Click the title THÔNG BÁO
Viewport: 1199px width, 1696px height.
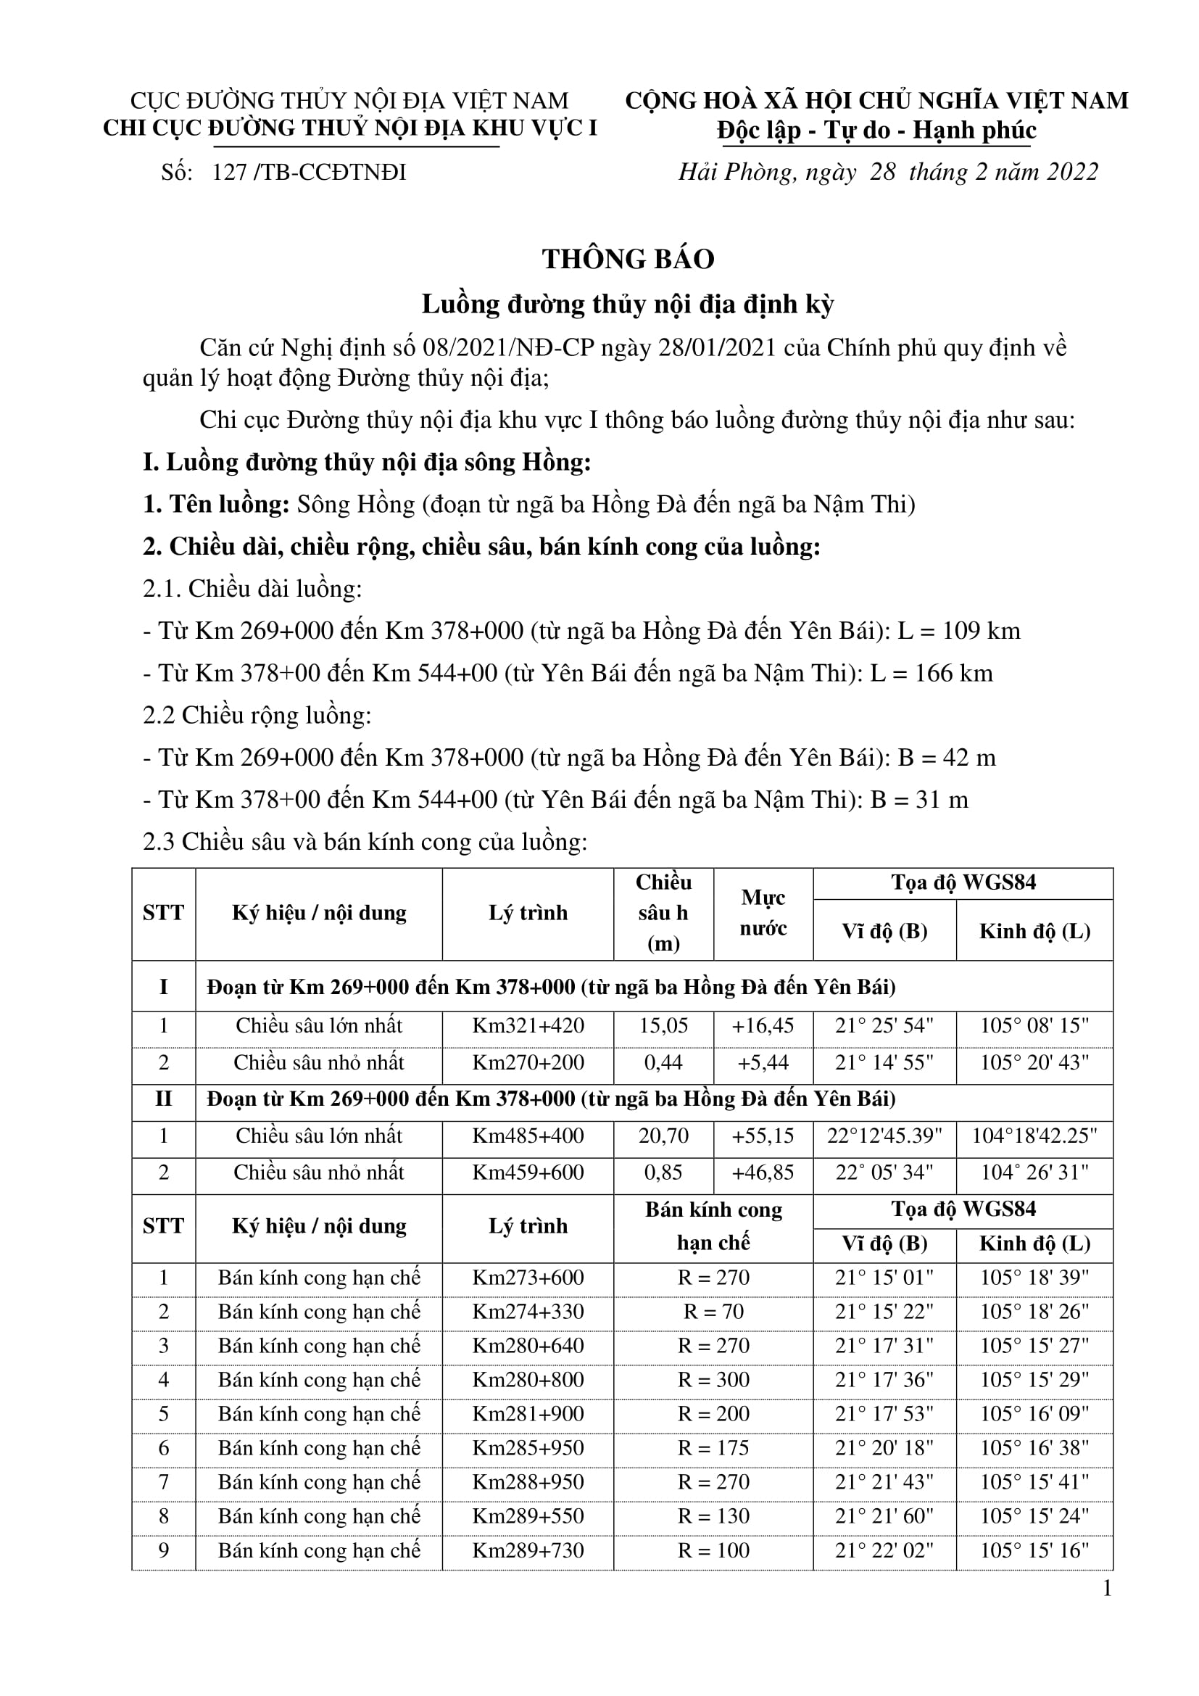point(628,260)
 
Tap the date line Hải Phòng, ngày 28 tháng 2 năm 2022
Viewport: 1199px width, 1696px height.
point(888,172)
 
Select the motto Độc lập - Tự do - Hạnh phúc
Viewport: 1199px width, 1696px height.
point(876,131)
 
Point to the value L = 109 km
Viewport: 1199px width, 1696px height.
point(959,631)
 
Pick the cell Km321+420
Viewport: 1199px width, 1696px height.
point(528,1026)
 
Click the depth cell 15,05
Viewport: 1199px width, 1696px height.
point(663,1026)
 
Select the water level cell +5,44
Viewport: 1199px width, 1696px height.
point(763,1063)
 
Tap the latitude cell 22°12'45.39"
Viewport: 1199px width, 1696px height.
point(884,1136)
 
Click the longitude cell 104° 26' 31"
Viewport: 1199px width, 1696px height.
point(1034,1173)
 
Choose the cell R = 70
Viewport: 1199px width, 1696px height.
point(713,1312)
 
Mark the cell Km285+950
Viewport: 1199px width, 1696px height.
point(528,1448)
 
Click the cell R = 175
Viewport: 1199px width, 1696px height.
point(713,1448)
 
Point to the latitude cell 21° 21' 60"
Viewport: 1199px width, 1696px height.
point(884,1515)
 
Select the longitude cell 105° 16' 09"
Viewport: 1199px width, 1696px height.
point(1034,1414)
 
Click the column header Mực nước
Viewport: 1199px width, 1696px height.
point(763,913)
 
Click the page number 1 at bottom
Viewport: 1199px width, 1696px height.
point(1107,1588)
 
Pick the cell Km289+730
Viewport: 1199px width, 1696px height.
point(528,1550)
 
